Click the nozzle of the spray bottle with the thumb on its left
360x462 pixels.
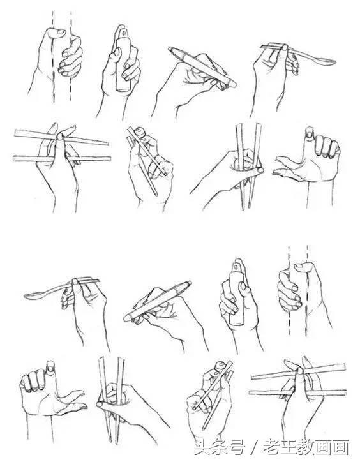(x=121, y=31)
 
